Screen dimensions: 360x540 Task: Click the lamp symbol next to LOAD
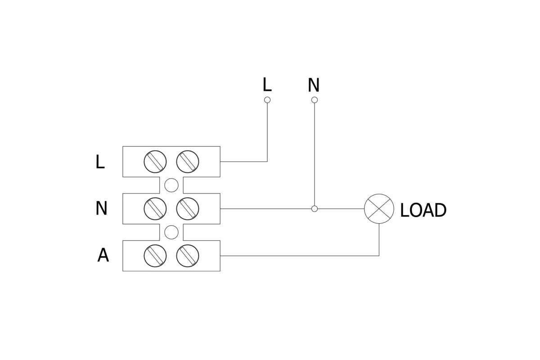pyautogui.click(x=379, y=209)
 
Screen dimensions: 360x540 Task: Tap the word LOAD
pyautogui.click(x=423, y=211)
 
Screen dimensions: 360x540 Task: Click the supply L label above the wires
pyautogui.click(x=267, y=85)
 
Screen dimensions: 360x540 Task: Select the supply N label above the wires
pyautogui.click(x=314, y=85)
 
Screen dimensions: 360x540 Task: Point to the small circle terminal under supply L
pyautogui.click(x=267, y=100)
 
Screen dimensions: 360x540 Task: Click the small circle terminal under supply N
pyautogui.click(x=315, y=100)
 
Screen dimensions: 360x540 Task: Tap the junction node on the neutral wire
pyautogui.click(x=315, y=209)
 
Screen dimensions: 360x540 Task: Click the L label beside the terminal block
pyautogui.click(x=100, y=162)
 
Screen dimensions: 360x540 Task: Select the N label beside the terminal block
pyautogui.click(x=101, y=209)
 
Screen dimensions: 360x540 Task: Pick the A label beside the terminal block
pyautogui.click(x=103, y=256)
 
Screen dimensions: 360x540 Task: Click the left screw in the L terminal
pyautogui.click(x=155, y=162)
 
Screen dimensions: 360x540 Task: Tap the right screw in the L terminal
pyautogui.click(x=188, y=162)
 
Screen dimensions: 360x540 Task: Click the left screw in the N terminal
pyautogui.click(x=155, y=209)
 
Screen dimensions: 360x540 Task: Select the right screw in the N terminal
pyautogui.click(x=188, y=209)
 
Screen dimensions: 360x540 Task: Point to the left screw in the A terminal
pyautogui.click(x=155, y=256)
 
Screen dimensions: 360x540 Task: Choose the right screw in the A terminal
pyautogui.click(x=188, y=256)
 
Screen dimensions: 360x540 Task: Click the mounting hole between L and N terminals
pyautogui.click(x=171, y=185)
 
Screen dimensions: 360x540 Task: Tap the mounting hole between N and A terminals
pyautogui.click(x=171, y=232)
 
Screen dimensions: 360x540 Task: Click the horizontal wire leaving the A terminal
pyautogui.click(x=297, y=256)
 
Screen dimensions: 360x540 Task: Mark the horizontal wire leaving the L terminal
pyautogui.click(x=243, y=162)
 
